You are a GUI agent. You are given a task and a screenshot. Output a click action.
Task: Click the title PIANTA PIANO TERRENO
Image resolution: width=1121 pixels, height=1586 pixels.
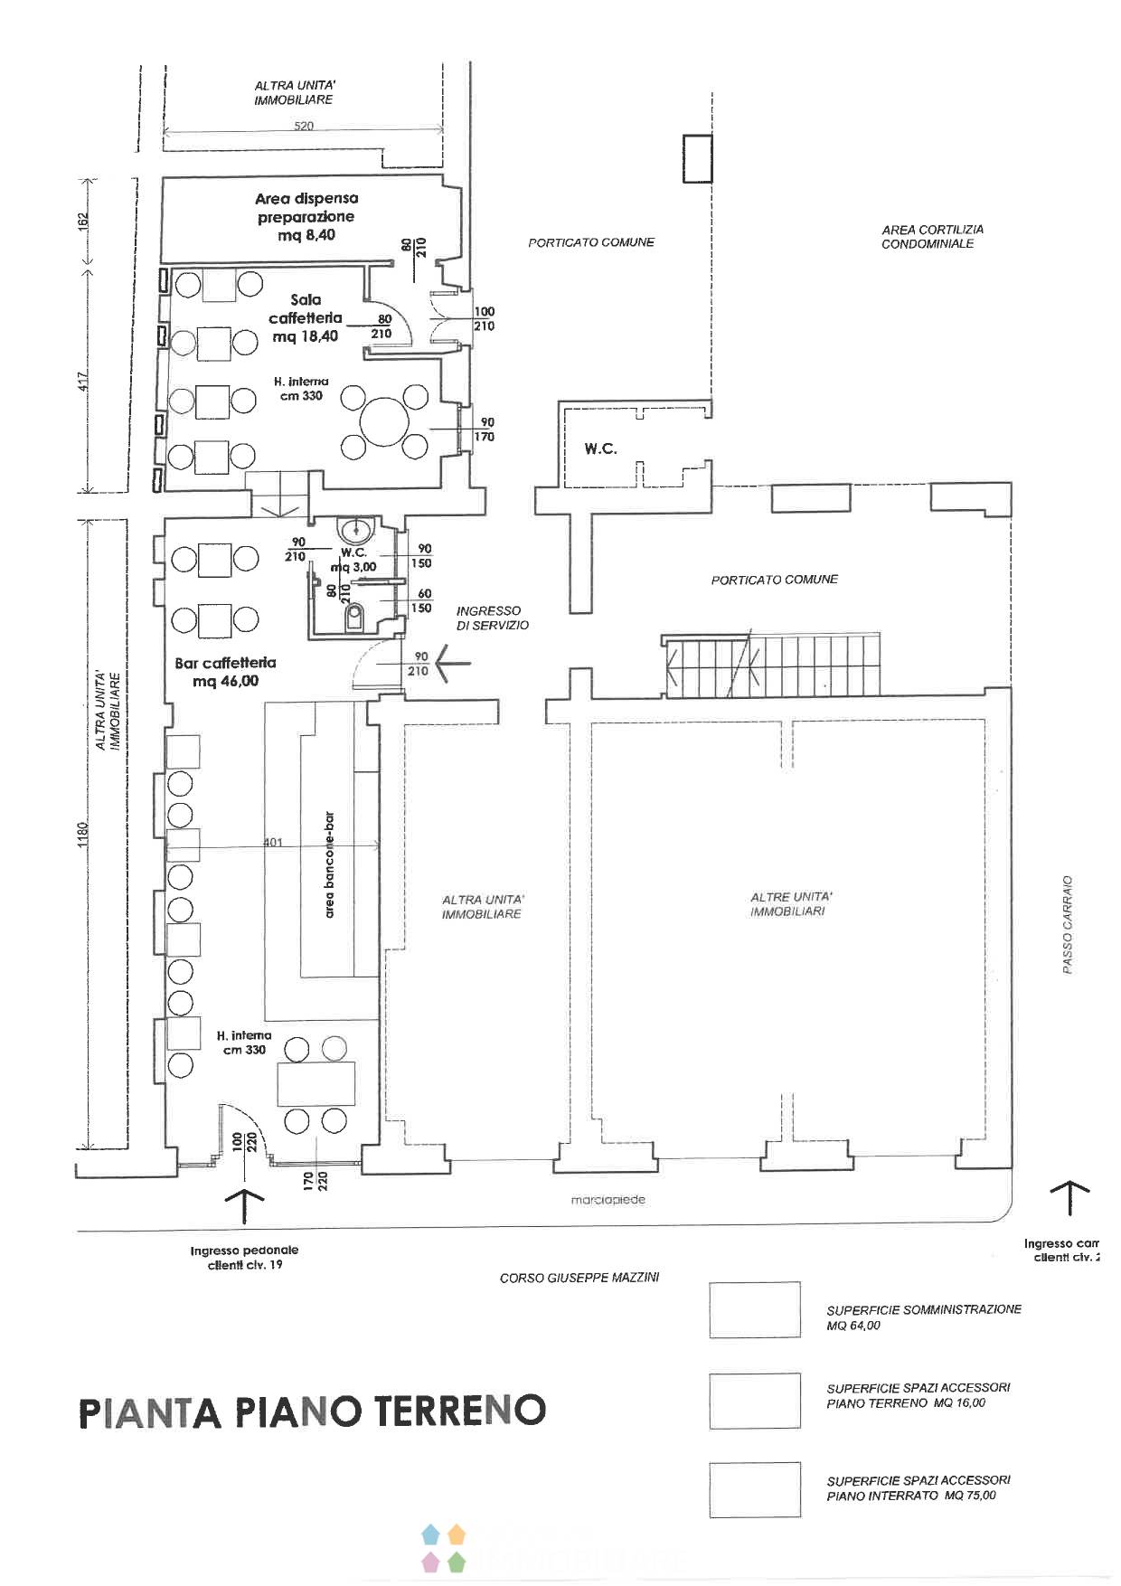(313, 1411)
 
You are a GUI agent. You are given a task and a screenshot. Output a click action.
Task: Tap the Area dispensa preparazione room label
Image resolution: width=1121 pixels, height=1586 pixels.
(306, 217)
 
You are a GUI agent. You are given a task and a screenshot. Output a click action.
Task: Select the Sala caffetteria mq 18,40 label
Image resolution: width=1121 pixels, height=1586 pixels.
(306, 317)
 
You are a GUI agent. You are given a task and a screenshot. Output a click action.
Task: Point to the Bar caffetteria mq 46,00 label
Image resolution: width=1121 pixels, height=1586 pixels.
(225, 672)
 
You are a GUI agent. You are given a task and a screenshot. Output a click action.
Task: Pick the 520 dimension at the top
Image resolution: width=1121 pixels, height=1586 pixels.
(304, 126)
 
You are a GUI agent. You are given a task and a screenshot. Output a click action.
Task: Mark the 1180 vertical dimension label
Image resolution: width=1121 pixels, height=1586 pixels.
(82, 834)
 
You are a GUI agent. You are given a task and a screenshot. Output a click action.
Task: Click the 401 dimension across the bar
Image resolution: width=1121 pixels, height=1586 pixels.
(272, 843)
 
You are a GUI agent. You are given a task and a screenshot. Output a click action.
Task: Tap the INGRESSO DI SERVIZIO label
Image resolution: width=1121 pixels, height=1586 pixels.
(492, 618)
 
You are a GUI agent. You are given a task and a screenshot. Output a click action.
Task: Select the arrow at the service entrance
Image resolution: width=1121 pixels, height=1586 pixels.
(453, 663)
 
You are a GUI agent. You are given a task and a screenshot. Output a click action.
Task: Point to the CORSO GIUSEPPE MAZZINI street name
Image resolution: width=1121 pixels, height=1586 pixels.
(579, 1278)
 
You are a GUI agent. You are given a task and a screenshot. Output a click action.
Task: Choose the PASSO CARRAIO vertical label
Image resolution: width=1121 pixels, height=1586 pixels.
(1068, 923)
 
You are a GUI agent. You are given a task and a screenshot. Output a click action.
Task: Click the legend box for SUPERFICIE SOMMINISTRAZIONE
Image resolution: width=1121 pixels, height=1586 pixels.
(755, 1309)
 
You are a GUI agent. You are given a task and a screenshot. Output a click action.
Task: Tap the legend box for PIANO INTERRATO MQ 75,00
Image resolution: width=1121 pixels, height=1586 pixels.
(755, 1489)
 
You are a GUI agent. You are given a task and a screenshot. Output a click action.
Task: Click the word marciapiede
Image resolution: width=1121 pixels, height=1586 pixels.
(608, 1200)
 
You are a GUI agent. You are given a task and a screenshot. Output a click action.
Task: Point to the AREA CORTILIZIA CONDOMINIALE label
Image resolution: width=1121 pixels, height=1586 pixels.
(932, 237)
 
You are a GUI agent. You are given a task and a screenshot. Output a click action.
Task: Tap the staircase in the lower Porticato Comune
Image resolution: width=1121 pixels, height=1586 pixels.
(772, 666)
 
